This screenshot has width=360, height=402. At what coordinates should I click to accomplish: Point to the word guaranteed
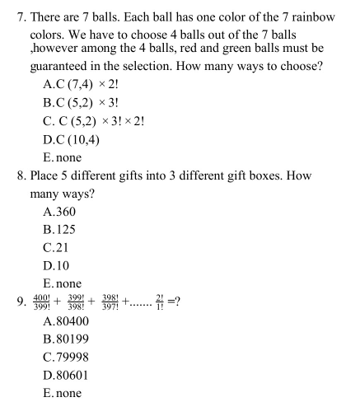66,68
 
